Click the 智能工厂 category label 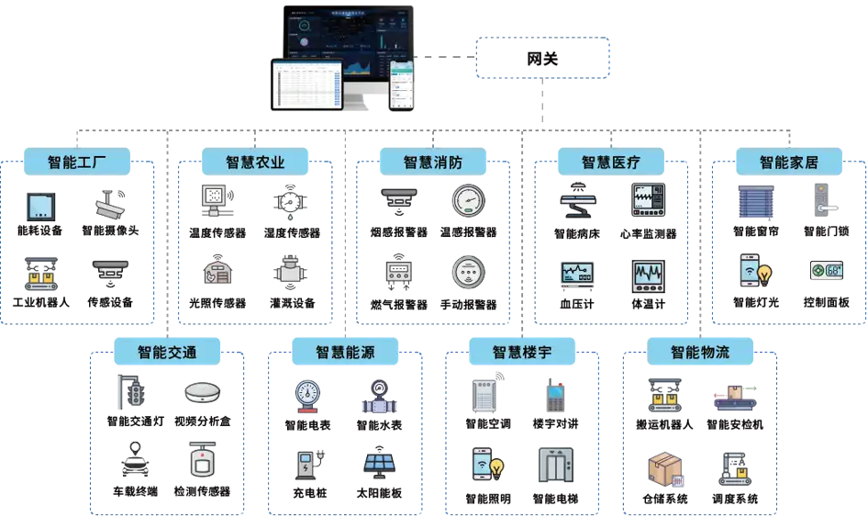point(77,163)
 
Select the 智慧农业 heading point(255,163)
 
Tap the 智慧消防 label point(433,163)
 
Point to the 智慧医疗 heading point(611,163)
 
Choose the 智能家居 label point(788,163)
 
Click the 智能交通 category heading point(167,352)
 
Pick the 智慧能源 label point(345,352)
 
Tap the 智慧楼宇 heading point(522,352)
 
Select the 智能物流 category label point(700,352)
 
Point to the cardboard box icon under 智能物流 point(666,468)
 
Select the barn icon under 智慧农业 point(217,271)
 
